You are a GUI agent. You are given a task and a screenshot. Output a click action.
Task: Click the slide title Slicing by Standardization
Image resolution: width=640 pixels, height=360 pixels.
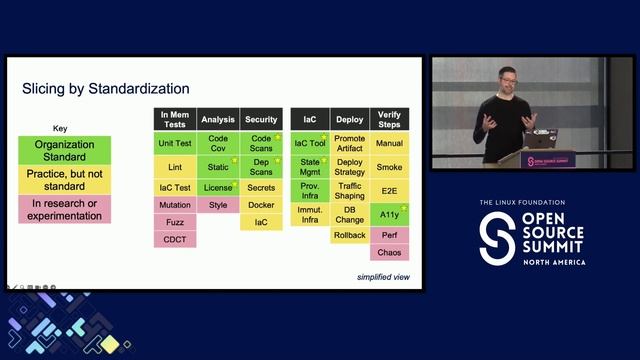105,89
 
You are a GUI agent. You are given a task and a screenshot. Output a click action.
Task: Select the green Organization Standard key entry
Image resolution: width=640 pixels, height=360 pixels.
65,150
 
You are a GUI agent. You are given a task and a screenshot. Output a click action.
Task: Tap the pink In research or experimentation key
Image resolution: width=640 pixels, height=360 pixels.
65,208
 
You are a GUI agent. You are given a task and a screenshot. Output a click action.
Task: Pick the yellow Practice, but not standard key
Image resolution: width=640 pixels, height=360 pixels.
65,180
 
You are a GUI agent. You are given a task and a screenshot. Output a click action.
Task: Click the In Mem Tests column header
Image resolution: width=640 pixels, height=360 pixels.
174,119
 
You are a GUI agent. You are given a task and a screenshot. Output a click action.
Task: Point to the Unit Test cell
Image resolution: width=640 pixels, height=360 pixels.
174,143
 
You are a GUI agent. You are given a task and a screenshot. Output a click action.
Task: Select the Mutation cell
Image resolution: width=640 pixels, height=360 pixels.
174,205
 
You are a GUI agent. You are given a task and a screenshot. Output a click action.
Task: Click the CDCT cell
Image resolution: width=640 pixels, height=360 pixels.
174,239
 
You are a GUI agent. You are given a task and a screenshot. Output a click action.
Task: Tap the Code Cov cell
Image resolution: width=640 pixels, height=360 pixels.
218,143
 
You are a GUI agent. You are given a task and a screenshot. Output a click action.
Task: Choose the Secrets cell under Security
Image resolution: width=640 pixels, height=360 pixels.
261,188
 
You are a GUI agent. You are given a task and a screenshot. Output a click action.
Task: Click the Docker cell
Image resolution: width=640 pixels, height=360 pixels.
261,205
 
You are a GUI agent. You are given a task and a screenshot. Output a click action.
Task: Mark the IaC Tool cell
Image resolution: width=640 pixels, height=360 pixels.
310,143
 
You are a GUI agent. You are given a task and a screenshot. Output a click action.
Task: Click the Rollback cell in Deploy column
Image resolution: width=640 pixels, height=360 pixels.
350,235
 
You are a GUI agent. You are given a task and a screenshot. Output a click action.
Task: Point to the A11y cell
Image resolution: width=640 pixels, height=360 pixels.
389,213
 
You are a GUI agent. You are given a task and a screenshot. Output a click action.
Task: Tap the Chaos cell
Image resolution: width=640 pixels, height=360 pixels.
389,252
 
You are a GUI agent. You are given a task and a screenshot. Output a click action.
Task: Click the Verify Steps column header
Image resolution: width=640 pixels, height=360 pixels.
389,119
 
